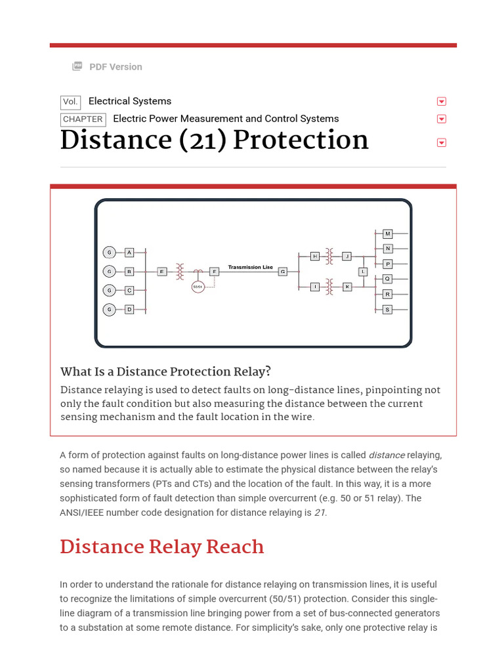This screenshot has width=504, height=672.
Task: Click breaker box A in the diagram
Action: point(129,252)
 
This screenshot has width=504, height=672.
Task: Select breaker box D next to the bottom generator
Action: point(129,309)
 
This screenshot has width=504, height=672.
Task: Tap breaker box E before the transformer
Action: point(162,271)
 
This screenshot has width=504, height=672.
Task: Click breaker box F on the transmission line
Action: point(214,271)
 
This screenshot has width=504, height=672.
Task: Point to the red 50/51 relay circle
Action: point(198,287)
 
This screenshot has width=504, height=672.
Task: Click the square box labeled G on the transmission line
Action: point(283,271)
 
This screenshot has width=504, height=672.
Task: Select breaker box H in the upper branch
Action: point(315,256)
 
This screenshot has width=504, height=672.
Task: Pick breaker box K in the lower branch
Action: point(347,287)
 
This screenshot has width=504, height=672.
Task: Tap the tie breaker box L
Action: point(363,271)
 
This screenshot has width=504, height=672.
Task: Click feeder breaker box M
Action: point(387,234)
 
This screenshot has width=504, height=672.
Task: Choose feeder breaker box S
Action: point(387,309)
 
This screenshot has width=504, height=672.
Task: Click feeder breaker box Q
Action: point(387,279)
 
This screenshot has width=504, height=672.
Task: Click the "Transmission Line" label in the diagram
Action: point(250,267)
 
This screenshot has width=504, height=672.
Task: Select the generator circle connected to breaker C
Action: point(110,290)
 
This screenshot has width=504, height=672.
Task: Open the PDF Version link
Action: point(115,67)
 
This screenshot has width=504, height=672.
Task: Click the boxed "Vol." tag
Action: point(70,102)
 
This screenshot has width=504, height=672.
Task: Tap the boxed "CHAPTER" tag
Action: point(83,119)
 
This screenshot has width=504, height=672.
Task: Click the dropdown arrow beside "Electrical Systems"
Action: point(442,102)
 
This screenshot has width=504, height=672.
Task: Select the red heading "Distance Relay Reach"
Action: point(162,547)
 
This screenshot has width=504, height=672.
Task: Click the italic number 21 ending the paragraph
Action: point(320,513)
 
